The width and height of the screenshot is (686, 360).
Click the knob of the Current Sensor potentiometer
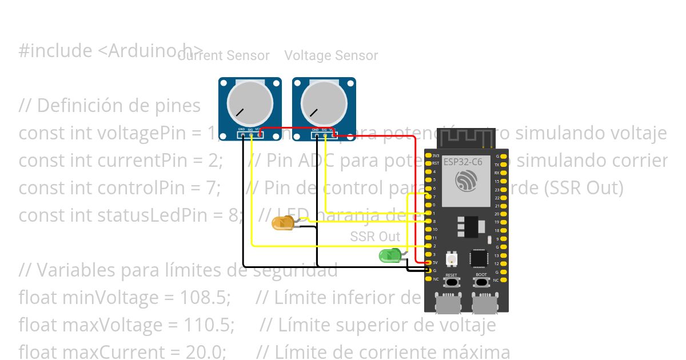click(250, 103)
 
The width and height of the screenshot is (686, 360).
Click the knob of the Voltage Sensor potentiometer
click(324, 103)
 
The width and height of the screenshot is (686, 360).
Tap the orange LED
click(282, 223)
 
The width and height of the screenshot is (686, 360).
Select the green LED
click(390, 256)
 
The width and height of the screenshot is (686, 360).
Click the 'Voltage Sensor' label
click(331, 55)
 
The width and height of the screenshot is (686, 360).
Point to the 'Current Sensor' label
click(224, 55)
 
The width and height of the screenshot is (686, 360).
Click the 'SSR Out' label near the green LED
click(375, 237)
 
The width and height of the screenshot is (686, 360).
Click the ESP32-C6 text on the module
click(462, 162)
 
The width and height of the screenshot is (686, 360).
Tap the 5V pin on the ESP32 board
click(429, 262)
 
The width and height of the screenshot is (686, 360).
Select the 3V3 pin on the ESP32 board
click(429, 155)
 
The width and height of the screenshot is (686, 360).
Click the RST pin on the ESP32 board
click(429, 163)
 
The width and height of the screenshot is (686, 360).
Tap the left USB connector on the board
click(448, 304)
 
